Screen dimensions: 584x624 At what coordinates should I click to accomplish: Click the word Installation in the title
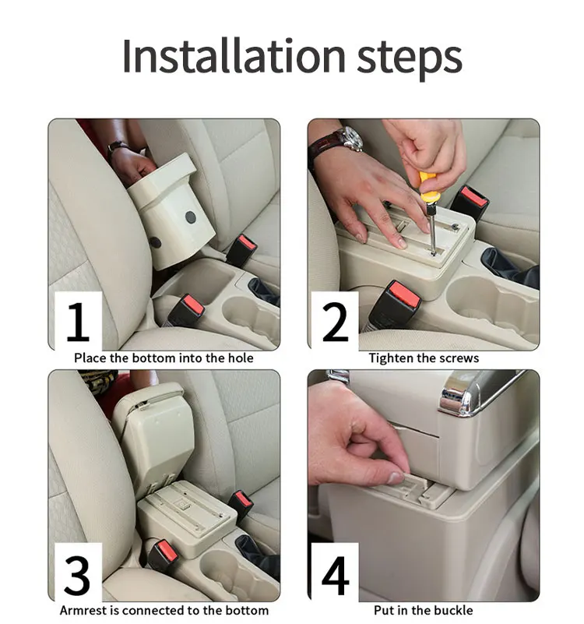[234, 56]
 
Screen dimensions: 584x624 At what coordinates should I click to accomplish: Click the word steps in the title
[410, 59]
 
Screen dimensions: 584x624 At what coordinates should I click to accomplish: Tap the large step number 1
[78, 322]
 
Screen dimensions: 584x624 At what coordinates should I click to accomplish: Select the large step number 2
[336, 322]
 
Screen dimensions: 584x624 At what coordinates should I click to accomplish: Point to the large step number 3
[77, 575]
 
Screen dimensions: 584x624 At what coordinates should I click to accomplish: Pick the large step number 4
[336, 575]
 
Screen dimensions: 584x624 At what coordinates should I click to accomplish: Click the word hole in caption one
[241, 358]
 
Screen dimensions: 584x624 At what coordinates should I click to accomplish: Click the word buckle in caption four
[452, 610]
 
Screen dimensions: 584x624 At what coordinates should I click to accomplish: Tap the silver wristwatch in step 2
[350, 139]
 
